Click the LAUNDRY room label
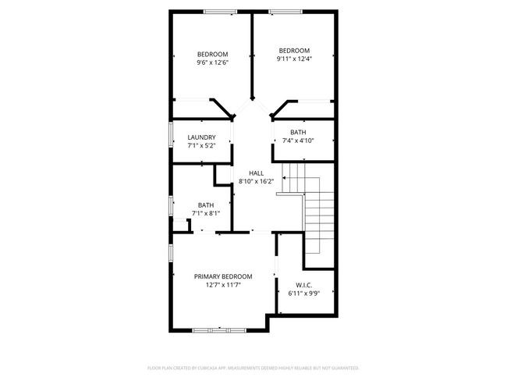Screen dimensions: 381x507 [x=201, y=137]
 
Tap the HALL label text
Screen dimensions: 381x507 [x=256, y=173]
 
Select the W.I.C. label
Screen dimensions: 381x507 [x=304, y=285]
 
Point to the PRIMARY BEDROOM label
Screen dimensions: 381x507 [x=223, y=276]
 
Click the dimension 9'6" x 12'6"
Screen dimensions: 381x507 [x=212, y=62]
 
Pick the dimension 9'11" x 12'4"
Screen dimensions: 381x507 [x=294, y=59]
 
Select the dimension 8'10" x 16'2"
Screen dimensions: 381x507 [x=256, y=181]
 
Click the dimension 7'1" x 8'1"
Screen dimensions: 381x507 [x=206, y=213]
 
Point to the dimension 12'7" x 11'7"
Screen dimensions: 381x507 [x=223, y=285]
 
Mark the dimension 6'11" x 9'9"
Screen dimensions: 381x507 [x=304, y=294]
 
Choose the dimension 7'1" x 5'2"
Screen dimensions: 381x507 [x=201, y=145]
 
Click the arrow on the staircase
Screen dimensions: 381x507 [x=286, y=179]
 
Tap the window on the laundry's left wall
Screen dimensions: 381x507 [x=171, y=134]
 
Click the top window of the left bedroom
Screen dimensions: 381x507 [x=220, y=11]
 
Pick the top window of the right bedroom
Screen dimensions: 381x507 [x=286, y=11]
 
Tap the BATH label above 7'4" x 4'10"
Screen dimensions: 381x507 [x=298, y=133]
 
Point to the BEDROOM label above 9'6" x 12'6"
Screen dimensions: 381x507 [x=212, y=54]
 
